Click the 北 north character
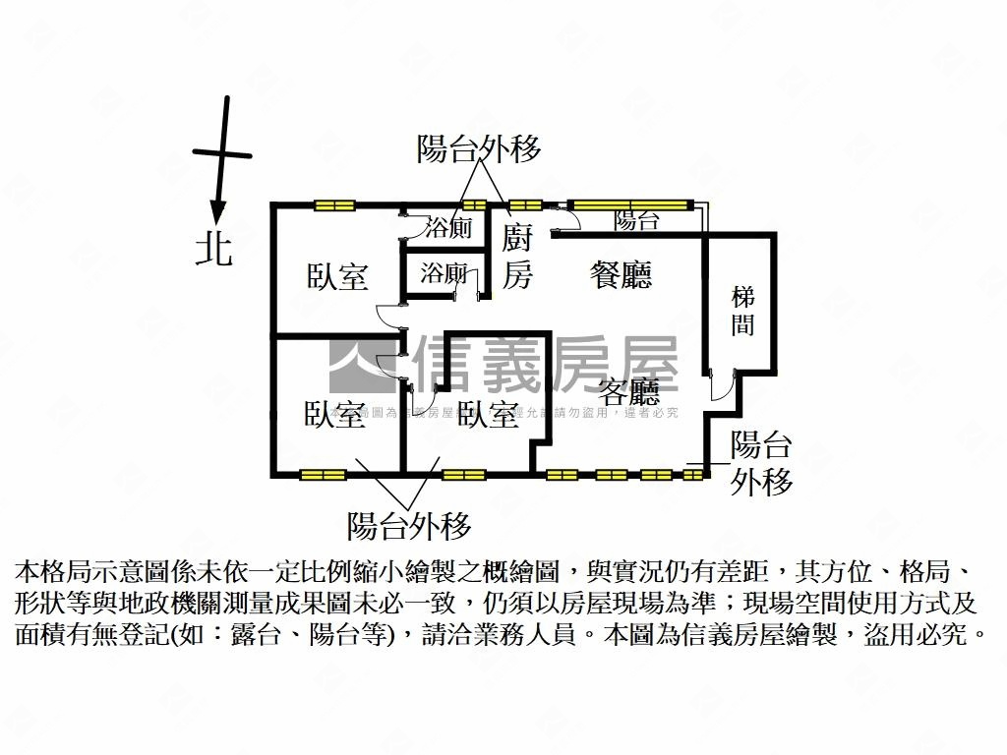(213, 248)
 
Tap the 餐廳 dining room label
(621, 274)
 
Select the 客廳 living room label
(629, 393)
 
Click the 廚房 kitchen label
(517, 258)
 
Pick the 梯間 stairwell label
(743, 311)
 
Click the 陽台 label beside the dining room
(636, 221)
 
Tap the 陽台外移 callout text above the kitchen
(479, 149)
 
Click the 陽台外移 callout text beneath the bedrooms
(409, 526)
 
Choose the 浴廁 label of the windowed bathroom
(447, 228)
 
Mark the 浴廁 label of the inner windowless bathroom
(443, 274)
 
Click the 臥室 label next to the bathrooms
(337, 277)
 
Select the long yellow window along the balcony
(629, 204)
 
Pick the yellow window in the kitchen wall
(525, 204)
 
